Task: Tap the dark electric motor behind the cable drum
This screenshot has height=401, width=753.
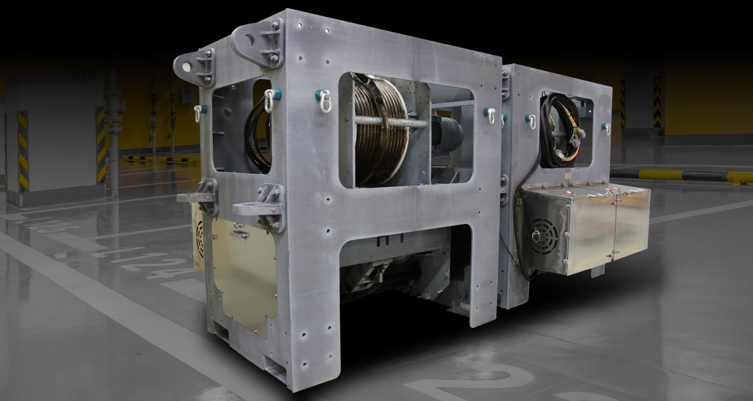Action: pos(446,133)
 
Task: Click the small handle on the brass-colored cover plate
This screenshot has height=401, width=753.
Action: pos(239,234)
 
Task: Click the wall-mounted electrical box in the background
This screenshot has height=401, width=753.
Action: pos(186,94)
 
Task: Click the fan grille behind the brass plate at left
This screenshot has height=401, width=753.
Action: pos(199,238)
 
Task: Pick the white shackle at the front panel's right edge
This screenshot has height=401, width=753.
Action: pos(490,114)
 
